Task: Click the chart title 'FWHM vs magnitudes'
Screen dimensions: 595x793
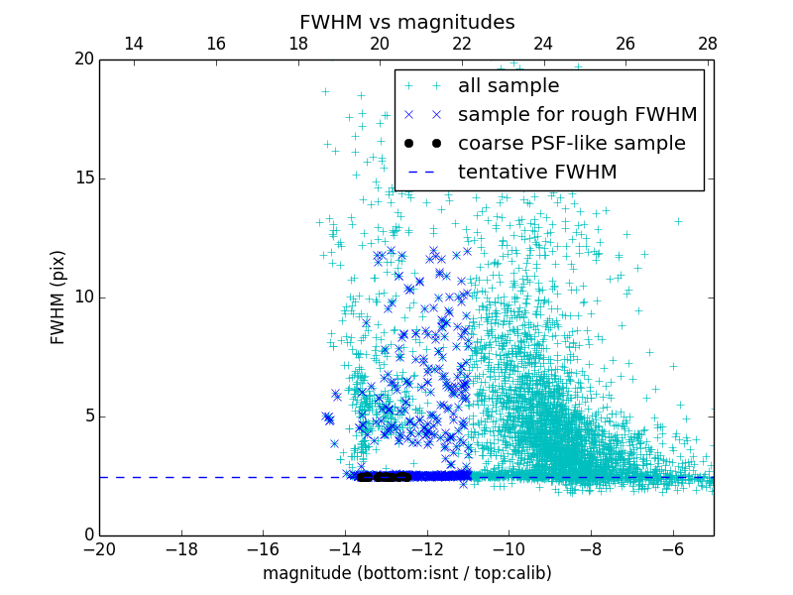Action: [x=406, y=22]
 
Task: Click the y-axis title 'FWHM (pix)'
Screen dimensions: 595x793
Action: [x=58, y=297]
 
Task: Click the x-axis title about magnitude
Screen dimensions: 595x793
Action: [x=406, y=573]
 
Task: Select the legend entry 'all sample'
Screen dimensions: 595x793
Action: [x=509, y=86]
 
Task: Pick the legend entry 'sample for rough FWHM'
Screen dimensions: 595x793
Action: [x=577, y=115]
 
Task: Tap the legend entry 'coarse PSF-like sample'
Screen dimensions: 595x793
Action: [x=571, y=144]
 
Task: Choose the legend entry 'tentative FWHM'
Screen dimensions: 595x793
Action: [x=537, y=173]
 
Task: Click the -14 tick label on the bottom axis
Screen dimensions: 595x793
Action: [x=345, y=548]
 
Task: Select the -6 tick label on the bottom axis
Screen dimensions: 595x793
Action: [x=672, y=548]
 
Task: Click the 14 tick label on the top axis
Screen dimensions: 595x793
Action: [x=134, y=44]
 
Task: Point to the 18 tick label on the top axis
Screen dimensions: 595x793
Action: [x=297, y=44]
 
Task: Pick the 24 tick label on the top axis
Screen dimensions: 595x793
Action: [x=543, y=44]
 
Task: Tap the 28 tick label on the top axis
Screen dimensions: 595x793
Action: [x=707, y=44]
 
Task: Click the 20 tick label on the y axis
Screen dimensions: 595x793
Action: [x=83, y=59]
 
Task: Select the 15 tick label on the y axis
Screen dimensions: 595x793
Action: [x=83, y=178]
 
